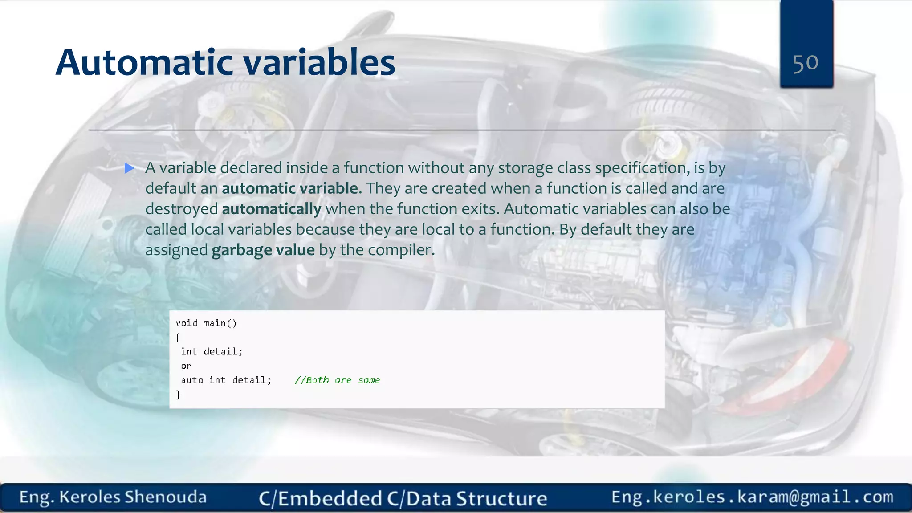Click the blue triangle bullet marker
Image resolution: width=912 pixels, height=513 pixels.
pyautogui.click(x=130, y=168)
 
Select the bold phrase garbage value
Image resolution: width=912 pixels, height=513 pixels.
pyautogui.click(x=263, y=250)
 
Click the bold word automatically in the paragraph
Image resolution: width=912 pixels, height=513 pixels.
pyautogui.click(x=271, y=209)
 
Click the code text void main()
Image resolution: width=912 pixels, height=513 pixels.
pyautogui.click(x=206, y=323)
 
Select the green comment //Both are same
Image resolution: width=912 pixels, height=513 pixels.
pyautogui.click(x=337, y=380)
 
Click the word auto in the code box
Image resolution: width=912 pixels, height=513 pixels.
pyautogui.click(x=192, y=380)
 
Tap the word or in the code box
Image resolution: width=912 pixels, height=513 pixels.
pyautogui.click(x=186, y=366)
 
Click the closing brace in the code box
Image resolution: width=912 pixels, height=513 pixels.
pyautogui.click(x=178, y=395)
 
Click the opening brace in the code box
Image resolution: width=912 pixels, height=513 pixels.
pyautogui.click(x=178, y=338)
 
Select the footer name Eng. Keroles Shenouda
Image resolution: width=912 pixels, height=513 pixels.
pyautogui.click(x=113, y=497)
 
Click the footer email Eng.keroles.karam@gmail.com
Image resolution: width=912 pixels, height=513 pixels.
pyautogui.click(x=752, y=497)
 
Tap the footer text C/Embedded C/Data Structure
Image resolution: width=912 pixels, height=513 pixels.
pyautogui.click(x=403, y=498)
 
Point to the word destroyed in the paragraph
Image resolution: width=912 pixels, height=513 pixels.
pyautogui.click(x=181, y=209)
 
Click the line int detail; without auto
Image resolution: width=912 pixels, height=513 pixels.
pyautogui.click(x=212, y=351)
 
